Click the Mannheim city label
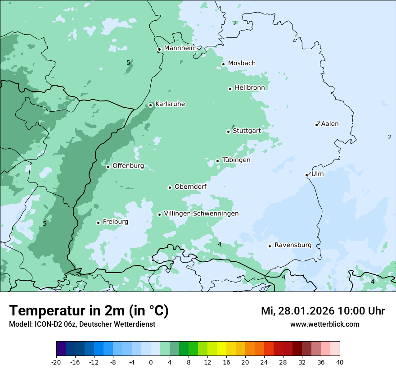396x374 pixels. point(180,48)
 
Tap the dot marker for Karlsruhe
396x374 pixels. point(151,105)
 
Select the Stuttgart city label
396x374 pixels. point(247,131)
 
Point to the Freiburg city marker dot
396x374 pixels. point(98,223)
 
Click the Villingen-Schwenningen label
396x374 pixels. point(201,214)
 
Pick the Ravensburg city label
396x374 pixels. point(292,245)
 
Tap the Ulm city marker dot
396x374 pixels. point(307,175)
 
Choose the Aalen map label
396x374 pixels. point(329,124)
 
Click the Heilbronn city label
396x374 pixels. point(250,88)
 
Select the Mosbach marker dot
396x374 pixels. point(223,64)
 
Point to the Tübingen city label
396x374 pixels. point(236,160)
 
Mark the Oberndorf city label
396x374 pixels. point(190,187)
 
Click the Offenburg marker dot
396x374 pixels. point(108,167)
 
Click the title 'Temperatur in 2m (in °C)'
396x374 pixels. point(89,310)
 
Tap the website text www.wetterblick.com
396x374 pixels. point(324,324)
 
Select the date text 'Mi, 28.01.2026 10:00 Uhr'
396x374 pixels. point(323,311)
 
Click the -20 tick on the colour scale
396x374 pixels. point(56,362)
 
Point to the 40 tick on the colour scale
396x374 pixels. point(340,362)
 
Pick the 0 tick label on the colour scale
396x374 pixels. point(151,362)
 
